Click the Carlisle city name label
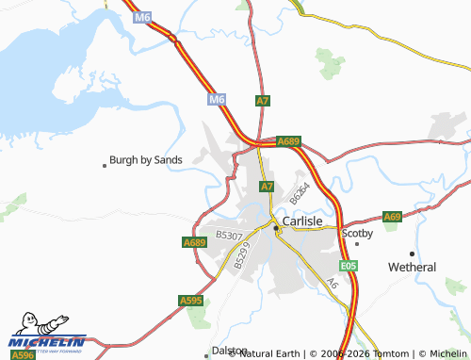point(303,220)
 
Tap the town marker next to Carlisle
point(276,228)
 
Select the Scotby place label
point(358,232)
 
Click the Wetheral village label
point(413,267)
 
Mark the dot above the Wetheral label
point(412,254)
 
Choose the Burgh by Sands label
point(146,160)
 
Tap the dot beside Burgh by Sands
point(105,165)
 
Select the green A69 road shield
point(393,217)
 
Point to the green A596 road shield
point(23,354)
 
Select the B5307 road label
point(229,235)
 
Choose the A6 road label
point(332,283)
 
